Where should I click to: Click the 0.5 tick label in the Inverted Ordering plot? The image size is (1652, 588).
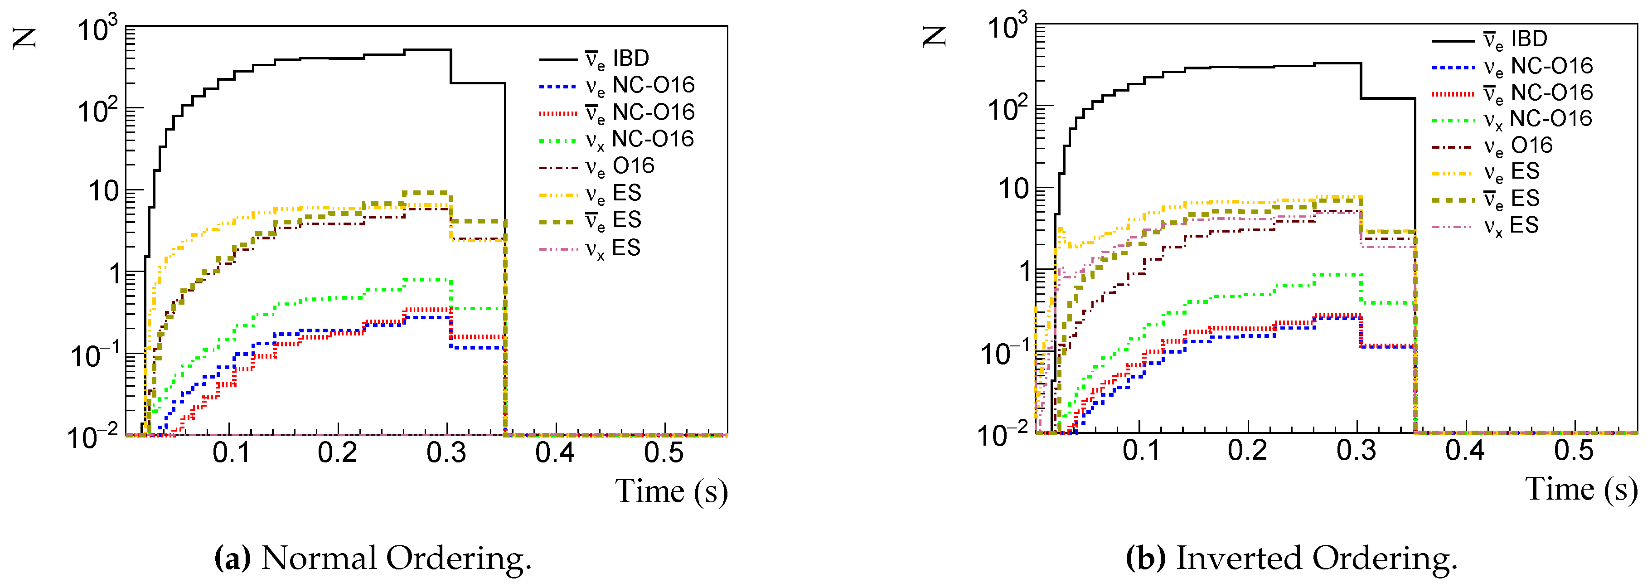click(x=1574, y=451)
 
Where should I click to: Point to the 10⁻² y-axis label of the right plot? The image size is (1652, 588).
click(x=1001, y=435)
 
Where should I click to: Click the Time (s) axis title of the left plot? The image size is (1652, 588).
click(x=671, y=492)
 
